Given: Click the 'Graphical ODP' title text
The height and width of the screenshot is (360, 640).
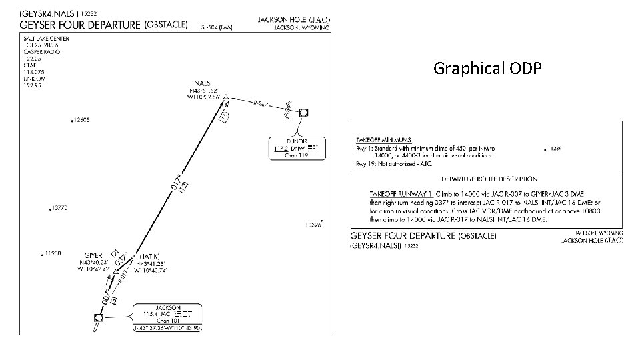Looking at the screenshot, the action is click(x=487, y=68).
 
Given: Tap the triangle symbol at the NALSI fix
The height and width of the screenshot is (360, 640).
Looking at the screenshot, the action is click(x=226, y=97).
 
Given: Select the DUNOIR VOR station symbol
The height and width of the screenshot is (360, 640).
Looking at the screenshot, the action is click(x=304, y=113).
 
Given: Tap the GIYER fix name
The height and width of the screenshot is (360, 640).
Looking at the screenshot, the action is click(x=93, y=255).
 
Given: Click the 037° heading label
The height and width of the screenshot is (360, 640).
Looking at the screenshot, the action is click(x=121, y=261).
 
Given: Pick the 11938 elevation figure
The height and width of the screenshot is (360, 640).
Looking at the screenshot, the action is click(x=52, y=253).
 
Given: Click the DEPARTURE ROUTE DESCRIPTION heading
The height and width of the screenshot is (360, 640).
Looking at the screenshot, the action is click(x=489, y=179).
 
